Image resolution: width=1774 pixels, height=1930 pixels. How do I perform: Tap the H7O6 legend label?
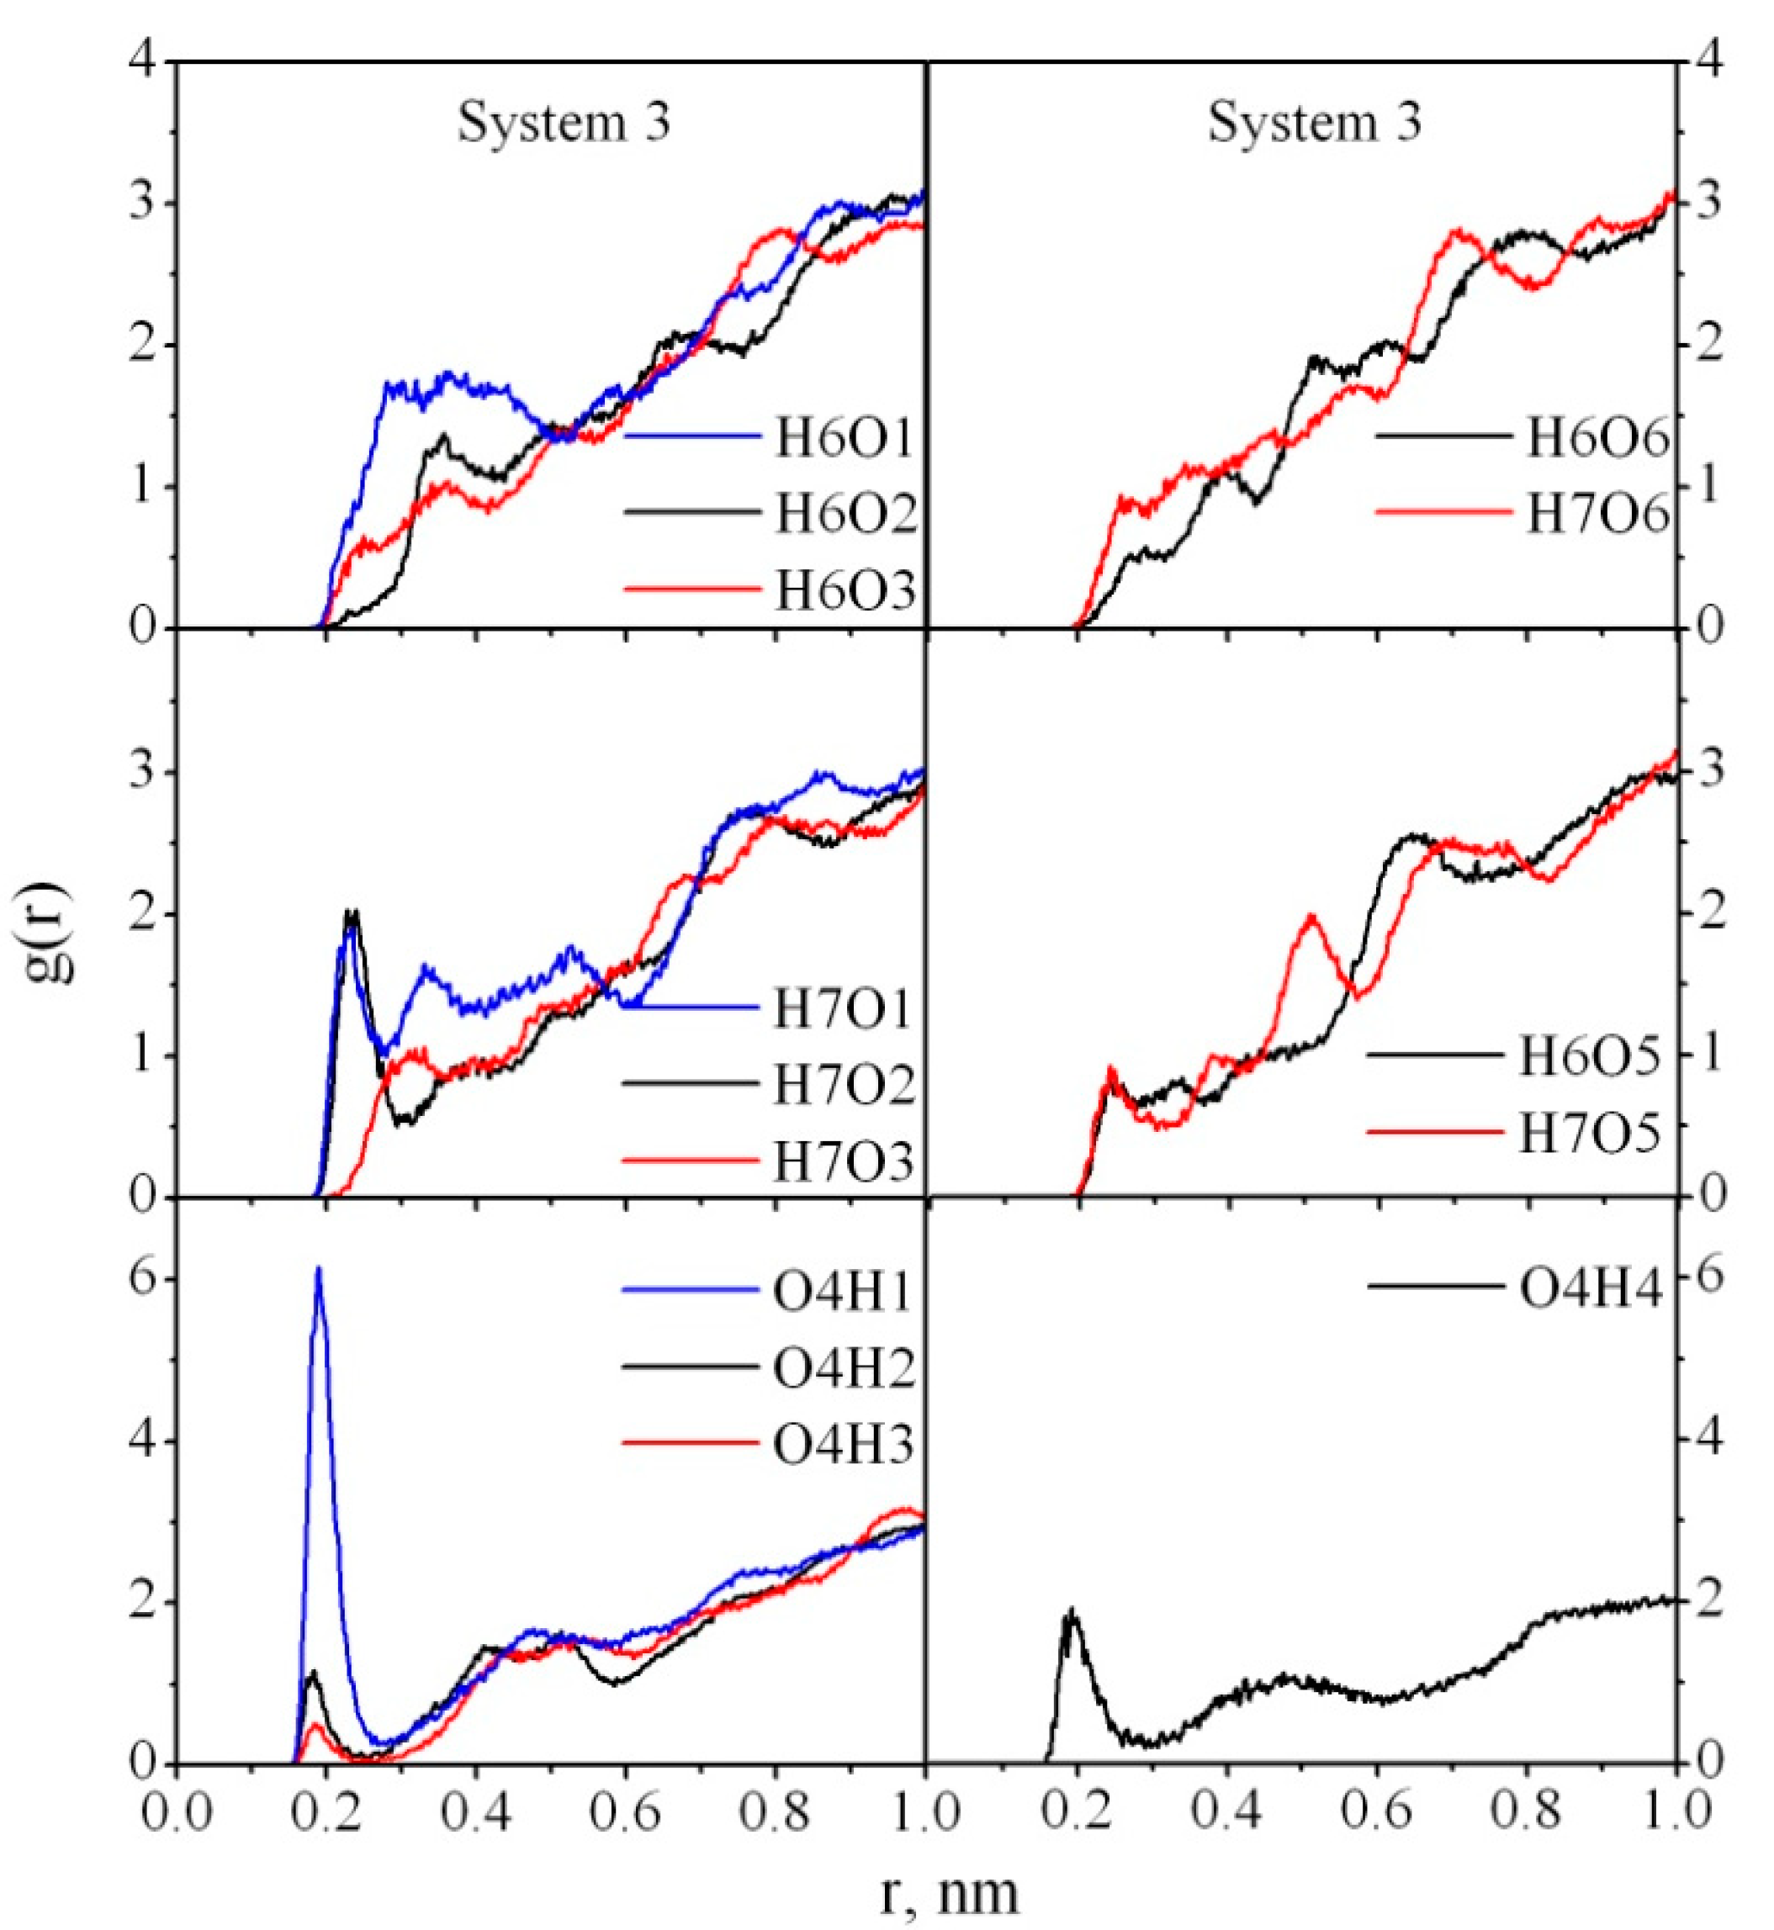tap(1597, 516)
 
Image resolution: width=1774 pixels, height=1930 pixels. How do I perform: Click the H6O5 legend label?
tap(1589, 1056)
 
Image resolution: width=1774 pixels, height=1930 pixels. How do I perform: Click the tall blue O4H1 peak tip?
tap(318, 1270)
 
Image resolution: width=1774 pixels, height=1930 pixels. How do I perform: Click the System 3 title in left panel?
tap(563, 124)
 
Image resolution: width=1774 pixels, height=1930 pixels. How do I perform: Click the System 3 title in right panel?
tap(1313, 124)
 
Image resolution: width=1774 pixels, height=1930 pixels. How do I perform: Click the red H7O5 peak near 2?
tap(1311, 917)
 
